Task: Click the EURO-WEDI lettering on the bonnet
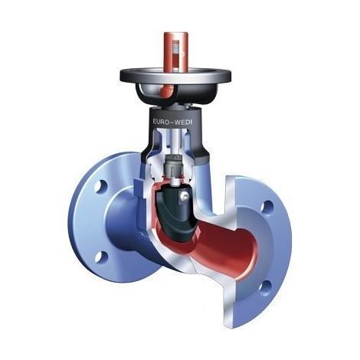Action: (x=172, y=122)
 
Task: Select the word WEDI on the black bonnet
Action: (x=184, y=122)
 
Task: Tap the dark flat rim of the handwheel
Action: (x=175, y=74)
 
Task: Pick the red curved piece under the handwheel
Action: (x=166, y=92)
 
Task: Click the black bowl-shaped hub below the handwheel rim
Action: (x=175, y=94)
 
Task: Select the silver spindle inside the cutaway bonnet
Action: (x=176, y=142)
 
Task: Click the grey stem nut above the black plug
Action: (x=174, y=165)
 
